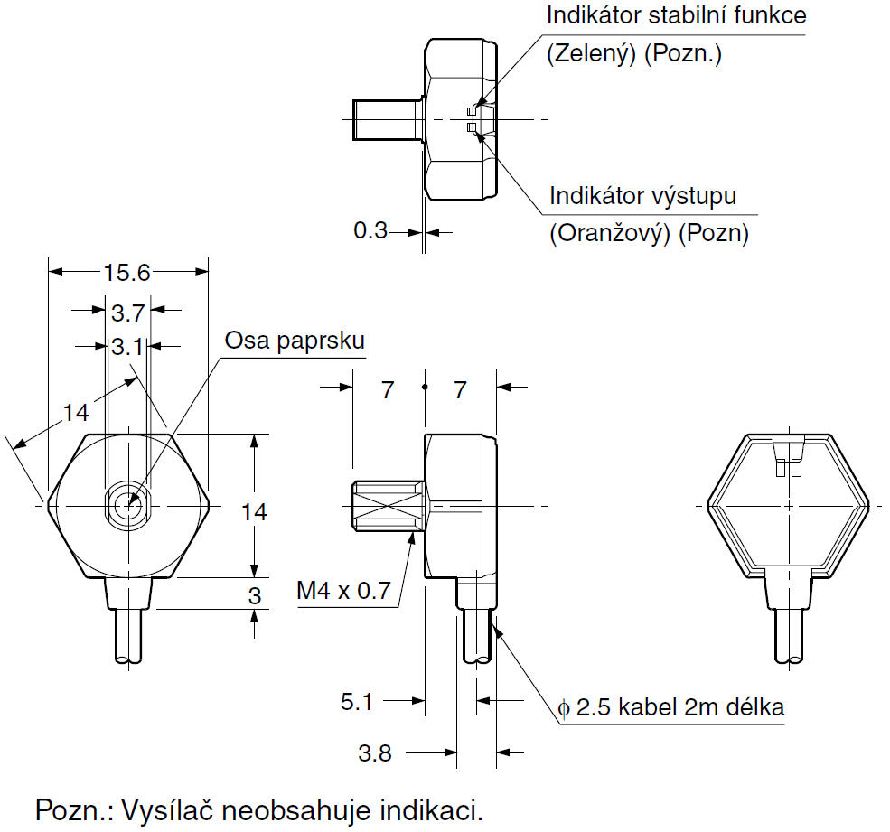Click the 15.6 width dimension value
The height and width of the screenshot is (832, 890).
(128, 272)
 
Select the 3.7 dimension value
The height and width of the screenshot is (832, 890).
(127, 313)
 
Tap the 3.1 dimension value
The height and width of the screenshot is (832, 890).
(127, 346)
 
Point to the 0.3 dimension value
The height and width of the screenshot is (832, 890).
(370, 231)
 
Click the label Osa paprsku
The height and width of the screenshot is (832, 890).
(295, 341)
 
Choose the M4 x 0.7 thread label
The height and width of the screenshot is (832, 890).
(343, 592)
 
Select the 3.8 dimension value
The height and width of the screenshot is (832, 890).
(374, 753)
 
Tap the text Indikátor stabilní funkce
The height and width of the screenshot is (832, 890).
(676, 15)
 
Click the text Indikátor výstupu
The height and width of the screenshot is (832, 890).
(643, 196)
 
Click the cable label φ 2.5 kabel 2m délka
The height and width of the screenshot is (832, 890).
(671, 707)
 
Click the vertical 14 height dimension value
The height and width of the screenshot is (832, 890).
(255, 512)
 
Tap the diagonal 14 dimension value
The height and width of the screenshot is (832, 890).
(76, 413)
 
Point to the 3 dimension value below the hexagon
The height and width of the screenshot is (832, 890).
(255, 596)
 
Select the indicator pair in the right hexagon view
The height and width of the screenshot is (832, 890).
(789, 468)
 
